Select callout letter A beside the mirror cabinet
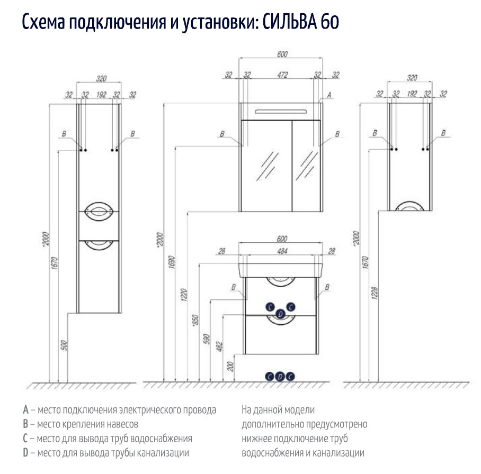(x=329, y=95)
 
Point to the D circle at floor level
(x=280, y=376)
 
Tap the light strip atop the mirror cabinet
(x=280, y=111)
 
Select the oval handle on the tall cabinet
(x=100, y=211)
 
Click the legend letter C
(x=25, y=439)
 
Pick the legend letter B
(x=25, y=424)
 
